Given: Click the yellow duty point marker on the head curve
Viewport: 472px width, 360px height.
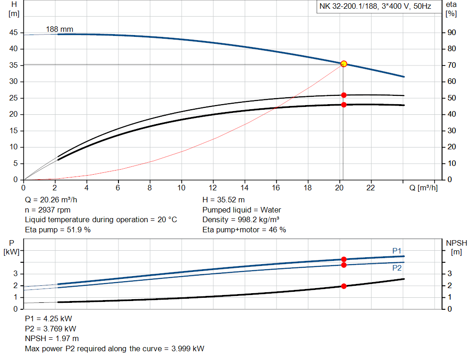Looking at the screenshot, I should point(343,64).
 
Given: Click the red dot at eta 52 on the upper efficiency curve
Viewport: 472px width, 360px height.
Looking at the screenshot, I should point(343,95).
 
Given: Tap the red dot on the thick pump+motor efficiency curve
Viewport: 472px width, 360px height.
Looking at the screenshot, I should point(343,105).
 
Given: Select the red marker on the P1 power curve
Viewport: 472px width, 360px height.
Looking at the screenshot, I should point(343,260).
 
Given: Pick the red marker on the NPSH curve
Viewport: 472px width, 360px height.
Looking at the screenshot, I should point(343,286).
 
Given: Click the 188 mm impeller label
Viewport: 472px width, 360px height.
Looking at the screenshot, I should point(59,30).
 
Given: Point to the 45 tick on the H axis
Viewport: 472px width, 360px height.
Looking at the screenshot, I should point(13,33).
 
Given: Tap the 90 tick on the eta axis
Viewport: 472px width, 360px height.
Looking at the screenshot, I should point(451,33).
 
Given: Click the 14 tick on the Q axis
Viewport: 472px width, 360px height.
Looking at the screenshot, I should point(245,188).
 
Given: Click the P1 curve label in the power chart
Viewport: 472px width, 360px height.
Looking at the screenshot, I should point(397,250).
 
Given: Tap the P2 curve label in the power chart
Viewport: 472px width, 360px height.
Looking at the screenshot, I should point(397,268).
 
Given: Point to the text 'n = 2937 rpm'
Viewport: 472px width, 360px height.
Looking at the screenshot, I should point(47,210).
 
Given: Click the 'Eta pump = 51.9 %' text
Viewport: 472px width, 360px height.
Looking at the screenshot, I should point(58,229).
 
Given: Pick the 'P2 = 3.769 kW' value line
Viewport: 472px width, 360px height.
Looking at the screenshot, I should point(50,329).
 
